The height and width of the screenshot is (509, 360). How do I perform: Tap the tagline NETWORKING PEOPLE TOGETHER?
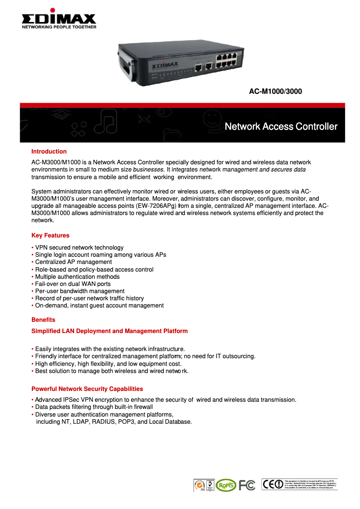59,27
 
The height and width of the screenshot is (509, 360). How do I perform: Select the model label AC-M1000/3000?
275,92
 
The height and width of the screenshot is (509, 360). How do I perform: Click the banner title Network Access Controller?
281,127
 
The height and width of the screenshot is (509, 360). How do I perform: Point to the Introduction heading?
49,152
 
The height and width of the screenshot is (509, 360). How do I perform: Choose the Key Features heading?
50,236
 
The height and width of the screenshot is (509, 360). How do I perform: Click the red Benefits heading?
43,320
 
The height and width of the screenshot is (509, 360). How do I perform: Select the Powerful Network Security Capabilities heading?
87,389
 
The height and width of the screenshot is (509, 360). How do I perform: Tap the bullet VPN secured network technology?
79,248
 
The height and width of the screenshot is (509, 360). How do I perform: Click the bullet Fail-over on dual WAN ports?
73,284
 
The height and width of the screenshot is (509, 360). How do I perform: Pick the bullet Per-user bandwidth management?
79,291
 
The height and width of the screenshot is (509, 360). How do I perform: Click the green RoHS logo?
225,485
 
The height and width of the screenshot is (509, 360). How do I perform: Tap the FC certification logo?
247,485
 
